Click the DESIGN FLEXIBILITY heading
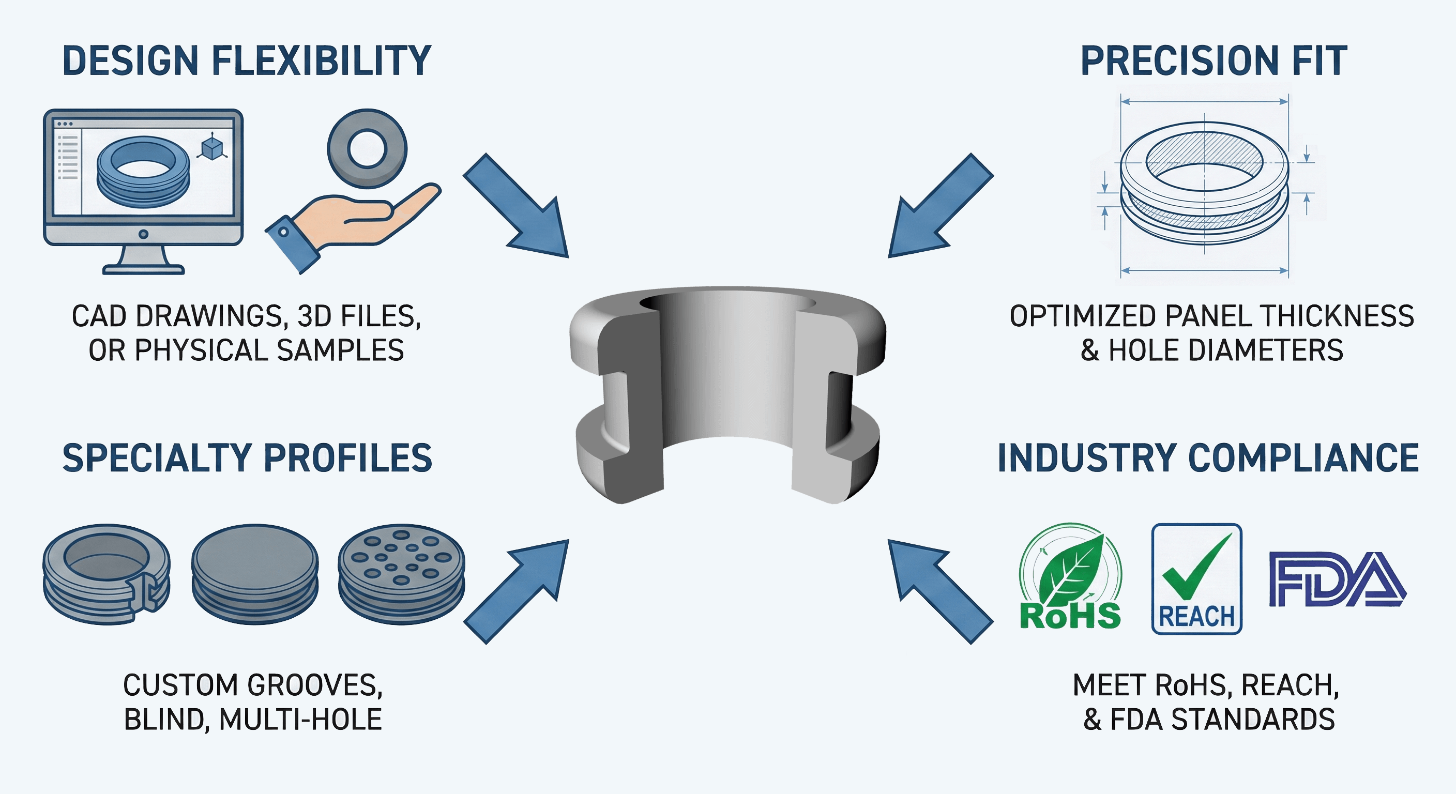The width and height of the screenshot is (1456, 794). tap(247, 61)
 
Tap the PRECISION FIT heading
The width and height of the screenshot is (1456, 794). tap(1213, 61)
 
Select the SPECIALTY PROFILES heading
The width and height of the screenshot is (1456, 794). tap(247, 458)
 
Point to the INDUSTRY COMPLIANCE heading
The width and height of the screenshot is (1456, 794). tap(1208, 458)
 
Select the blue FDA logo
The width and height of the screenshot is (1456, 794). tap(1337, 579)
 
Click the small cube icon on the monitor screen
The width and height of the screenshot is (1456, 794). tap(211, 148)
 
